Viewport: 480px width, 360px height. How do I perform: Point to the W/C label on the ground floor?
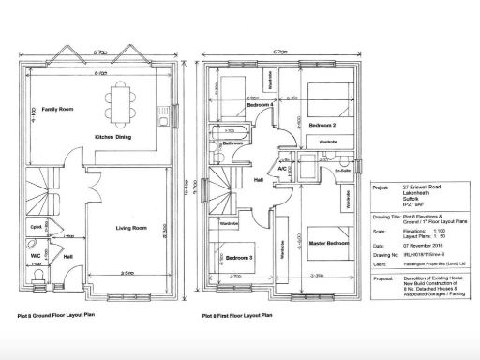[35, 254]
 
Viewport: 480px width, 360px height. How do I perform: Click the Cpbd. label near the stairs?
[35, 227]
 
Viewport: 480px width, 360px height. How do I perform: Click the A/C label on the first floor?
[281, 168]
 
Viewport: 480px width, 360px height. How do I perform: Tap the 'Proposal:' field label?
[384, 277]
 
